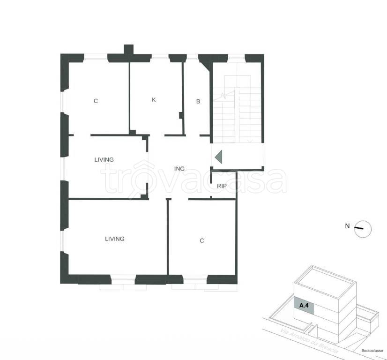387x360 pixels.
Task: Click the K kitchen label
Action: pos(154,100)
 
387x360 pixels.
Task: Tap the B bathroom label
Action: pos(198,101)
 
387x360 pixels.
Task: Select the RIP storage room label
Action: pos(222,186)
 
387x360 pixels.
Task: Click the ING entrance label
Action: pos(179,169)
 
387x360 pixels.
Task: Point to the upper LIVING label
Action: pos(104,160)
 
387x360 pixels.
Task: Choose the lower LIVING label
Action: pos(115,239)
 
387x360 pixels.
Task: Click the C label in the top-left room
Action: pos(96,101)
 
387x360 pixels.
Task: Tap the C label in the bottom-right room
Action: pos(202,240)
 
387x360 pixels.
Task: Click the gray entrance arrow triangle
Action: pos(219,157)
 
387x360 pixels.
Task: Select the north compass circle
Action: pos(363,229)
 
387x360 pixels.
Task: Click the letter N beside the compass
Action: pos(347,225)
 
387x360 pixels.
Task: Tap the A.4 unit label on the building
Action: pos(304,306)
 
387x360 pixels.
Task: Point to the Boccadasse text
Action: pos(372,351)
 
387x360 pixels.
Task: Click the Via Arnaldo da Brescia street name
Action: pos(310,341)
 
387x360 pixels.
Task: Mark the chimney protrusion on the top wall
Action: pos(128,49)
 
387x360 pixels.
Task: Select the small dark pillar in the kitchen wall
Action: pos(181,115)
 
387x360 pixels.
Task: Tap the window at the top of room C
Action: pos(96,58)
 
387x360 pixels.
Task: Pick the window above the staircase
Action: pos(236,58)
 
